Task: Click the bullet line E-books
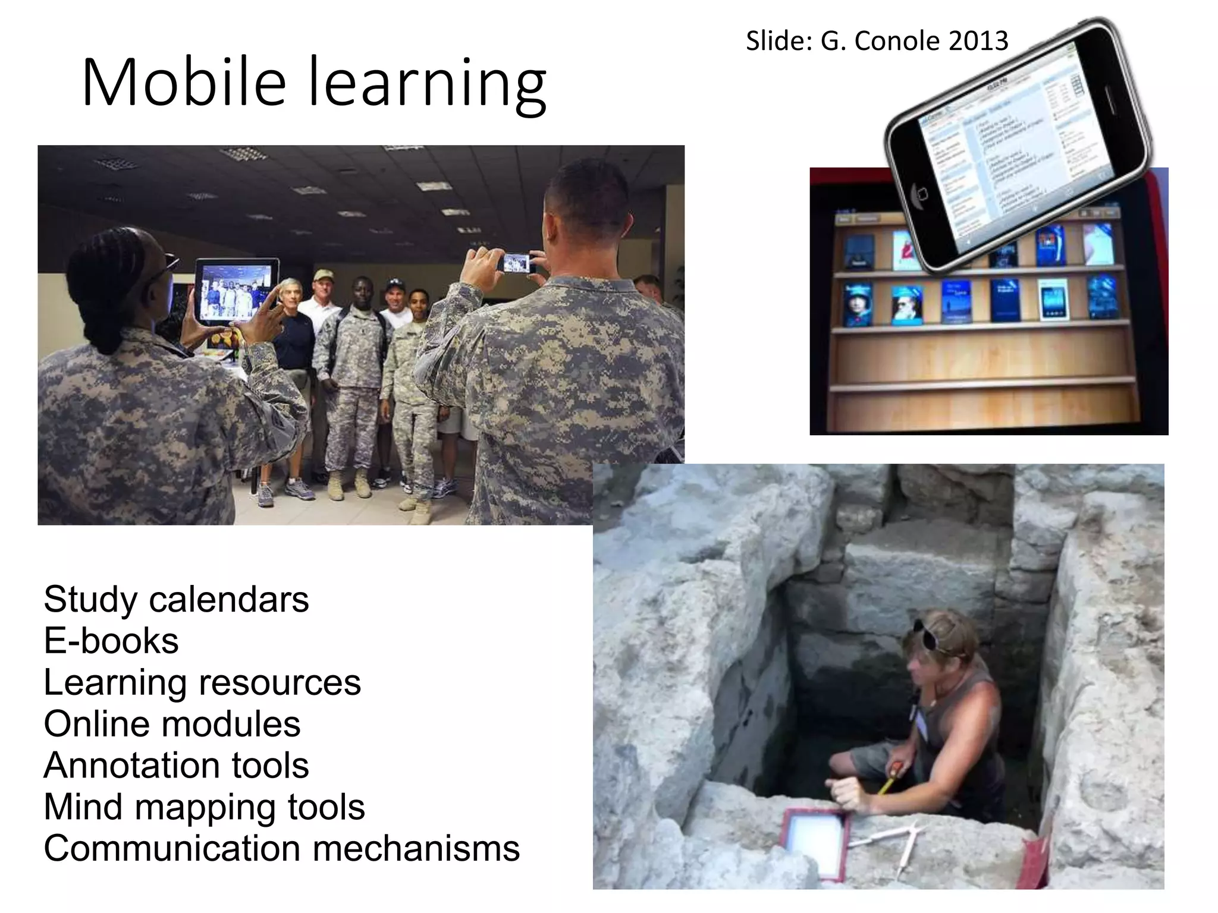111,641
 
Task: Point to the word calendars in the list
229,599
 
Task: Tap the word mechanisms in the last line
416,848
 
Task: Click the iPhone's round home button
922,194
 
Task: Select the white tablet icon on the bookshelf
1053,299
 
